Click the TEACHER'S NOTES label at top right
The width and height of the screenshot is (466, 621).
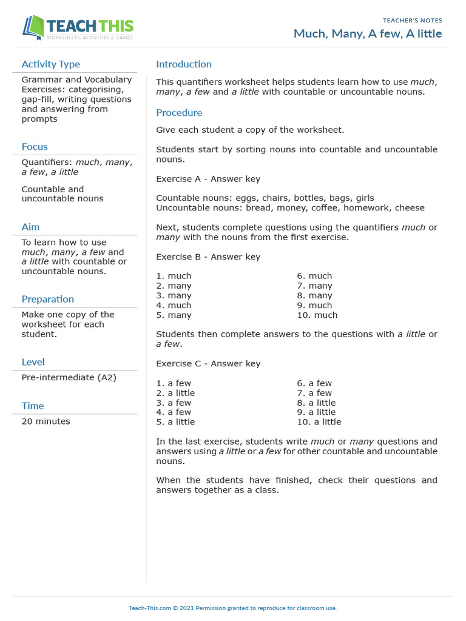point(413,21)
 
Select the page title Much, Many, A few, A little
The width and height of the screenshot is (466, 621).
point(368,34)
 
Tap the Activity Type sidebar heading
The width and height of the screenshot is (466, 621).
point(50,64)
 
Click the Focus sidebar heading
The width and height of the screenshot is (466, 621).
point(35,147)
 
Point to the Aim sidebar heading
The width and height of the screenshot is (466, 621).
point(30,227)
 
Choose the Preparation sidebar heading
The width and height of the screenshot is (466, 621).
point(48,299)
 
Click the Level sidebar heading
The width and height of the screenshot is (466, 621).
point(33,362)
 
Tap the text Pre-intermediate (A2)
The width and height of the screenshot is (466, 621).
point(69,377)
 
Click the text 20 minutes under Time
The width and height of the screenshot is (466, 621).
point(46,421)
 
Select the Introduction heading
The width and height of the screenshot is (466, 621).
point(184,64)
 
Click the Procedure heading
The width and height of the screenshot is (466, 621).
point(179,113)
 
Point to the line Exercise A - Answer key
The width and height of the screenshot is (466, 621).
point(208,179)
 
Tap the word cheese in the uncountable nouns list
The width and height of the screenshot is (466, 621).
point(410,207)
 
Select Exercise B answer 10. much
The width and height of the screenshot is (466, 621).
point(317,315)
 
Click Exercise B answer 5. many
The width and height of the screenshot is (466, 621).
point(174,315)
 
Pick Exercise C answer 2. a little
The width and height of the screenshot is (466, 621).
point(175,392)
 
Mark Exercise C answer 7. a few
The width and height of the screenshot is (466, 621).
point(314,392)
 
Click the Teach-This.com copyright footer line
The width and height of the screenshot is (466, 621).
point(232,608)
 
